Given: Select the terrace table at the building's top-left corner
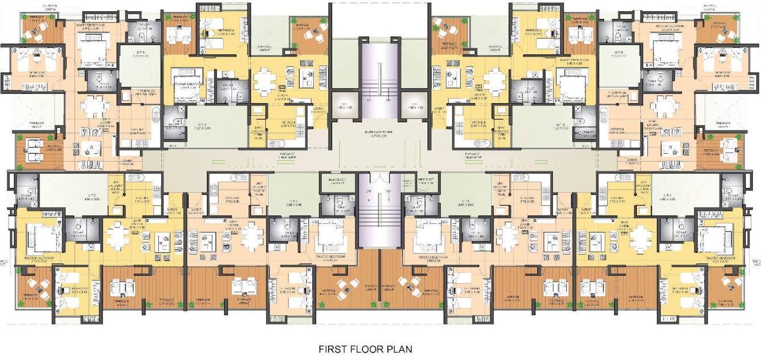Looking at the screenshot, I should pyautogui.click(x=35, y=31).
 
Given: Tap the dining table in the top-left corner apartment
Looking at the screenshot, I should pyautogui.click(x=95, y=106).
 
